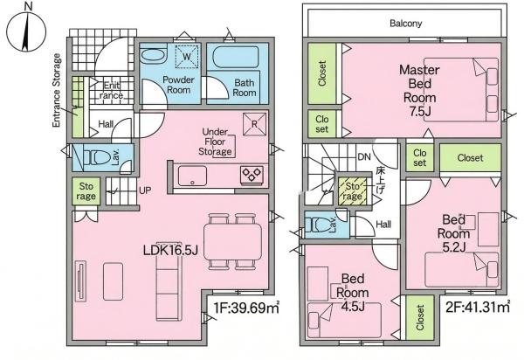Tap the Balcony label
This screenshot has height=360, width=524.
click(406, 24)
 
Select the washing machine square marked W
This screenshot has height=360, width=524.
click(187, 57)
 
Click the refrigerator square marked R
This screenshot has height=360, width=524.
click(255, 124)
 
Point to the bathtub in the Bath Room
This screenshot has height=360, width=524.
click(236, 57)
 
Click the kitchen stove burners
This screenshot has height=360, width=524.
click(252, 175)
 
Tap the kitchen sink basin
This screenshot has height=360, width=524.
click(192, 176)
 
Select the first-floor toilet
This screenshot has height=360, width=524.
click(97, 157)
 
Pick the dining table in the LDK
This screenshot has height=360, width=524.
click(233, 242)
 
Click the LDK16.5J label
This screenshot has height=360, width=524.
click(171, 250)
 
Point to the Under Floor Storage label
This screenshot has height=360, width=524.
click(215, 142)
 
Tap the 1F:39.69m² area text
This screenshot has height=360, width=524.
click(246, 308)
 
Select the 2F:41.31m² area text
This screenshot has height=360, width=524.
click(478, 307)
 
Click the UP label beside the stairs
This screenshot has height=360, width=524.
click(145, 190)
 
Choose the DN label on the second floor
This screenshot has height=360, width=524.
click(364, 156)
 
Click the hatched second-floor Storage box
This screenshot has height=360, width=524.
click(352, 190)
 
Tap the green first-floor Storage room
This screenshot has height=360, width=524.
click(86, 190)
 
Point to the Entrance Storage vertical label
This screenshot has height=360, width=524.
click(57, 90)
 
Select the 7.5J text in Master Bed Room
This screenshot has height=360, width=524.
click(420, 111)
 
